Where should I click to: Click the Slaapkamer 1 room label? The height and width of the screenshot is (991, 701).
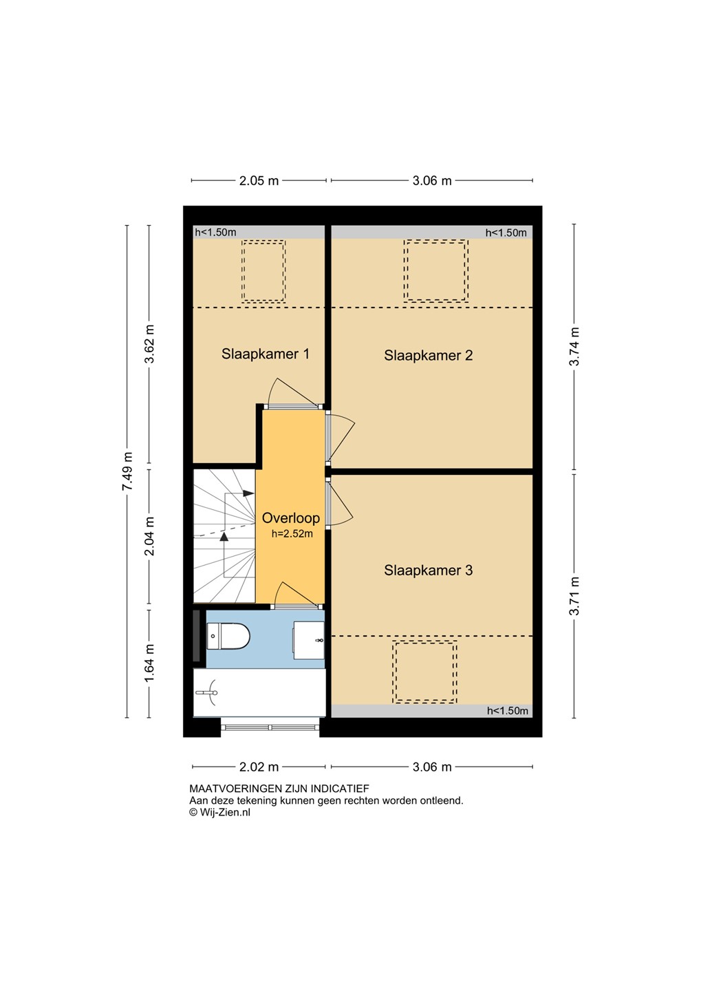(x=265, y=354)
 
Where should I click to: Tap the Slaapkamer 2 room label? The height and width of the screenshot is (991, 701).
(x=428, y=355)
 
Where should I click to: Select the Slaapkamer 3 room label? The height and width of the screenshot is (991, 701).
(x=428, y=571)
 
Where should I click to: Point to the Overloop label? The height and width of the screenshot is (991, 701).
(x=290, y=518)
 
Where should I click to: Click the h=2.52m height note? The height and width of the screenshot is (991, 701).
(x=292, y=533)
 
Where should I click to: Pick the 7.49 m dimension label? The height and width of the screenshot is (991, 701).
(x=127, y=471)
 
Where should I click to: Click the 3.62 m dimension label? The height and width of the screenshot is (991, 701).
(x=150, y=343)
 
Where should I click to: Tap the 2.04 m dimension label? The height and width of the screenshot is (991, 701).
(x=150, y=536)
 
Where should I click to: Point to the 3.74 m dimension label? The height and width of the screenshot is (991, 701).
(x=574, y=346)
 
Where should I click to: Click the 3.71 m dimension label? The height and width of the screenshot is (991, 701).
(x=574, y=597)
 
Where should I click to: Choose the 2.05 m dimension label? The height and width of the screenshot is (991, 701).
(x=259, y=180)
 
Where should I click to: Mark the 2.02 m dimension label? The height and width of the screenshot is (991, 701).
(x=259, y=767)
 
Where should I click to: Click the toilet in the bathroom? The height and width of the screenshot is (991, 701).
(x=228, y=636)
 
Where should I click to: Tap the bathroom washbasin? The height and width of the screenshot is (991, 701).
(x=309, y=640)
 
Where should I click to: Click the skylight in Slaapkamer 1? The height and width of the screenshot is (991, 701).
(x=263, y=270)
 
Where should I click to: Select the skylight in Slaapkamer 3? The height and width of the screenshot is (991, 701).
(x=424, y=672)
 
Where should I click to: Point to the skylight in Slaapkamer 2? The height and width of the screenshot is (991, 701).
(x=435, y=270)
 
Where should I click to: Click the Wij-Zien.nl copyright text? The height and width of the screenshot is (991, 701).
(x=220, y=812)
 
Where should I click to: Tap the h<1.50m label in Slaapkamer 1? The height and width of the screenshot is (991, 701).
(x=215, y=233)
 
